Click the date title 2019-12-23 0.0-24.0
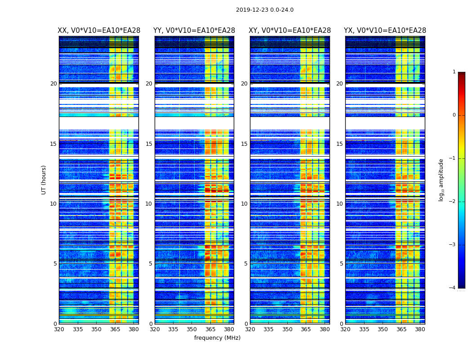265,10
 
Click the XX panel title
99,31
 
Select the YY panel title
194,31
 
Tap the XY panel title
289,31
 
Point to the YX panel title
385,31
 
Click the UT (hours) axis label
44,180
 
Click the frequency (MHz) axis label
217,338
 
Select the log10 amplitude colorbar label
441,180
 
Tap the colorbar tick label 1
454,72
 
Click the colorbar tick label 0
454,115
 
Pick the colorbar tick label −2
453,202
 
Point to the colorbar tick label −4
453,288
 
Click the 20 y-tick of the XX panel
53,84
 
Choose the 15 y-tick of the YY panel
149,144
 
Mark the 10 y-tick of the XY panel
244,204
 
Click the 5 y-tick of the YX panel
341,264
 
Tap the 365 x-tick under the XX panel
115,329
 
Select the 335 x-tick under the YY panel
173,329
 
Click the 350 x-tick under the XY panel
287,329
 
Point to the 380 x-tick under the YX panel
420,329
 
